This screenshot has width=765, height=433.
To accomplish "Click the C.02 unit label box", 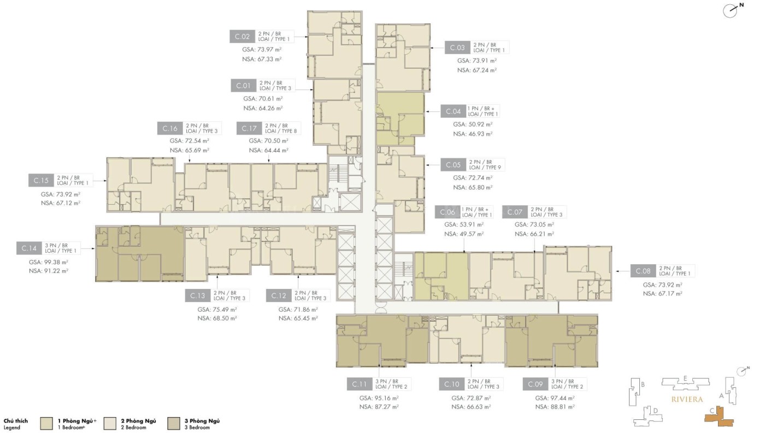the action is click(242, 37).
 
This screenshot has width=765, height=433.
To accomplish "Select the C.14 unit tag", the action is click(29, 248).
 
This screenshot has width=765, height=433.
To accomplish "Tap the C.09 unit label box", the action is click(535, 384).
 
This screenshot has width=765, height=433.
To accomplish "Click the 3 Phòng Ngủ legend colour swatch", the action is click(174, 424).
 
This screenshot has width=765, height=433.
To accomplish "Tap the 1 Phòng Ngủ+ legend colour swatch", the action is click(46, 424).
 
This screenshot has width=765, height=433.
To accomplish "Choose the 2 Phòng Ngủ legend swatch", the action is click(110, 424).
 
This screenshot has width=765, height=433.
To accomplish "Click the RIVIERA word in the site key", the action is click(687, 399).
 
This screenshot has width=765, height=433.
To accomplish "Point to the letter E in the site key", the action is click(685, 378).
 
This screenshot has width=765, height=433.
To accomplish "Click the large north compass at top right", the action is click(732, 10).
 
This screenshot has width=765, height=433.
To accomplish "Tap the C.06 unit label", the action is click(448, 212).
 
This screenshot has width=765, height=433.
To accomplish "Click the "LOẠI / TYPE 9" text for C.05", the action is click(485, 168).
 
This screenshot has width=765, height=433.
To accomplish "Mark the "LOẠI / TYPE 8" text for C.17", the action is click(281, 131).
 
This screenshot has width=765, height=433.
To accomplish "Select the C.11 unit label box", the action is click(360, 384).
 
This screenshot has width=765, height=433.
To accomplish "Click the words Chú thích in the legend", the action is click(16, 421).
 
